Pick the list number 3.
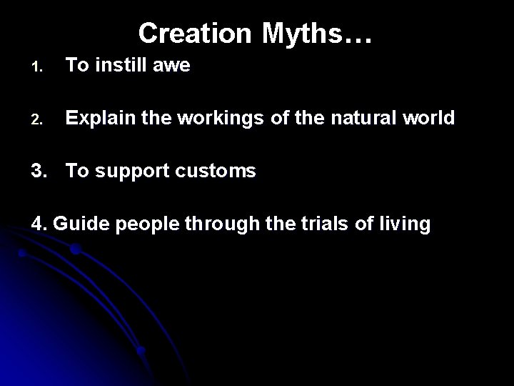[x=40, y=171]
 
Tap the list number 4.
[x=40, y=224]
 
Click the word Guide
[x=80, y=224]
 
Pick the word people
[x=146, y=224]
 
